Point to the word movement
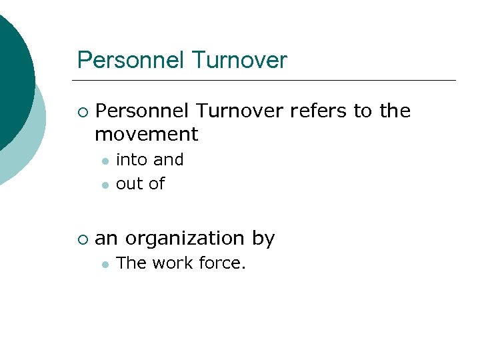(x=147, y=134)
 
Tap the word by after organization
(x=263, y=239)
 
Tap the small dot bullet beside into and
(x=104, y=161)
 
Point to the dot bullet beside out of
(x=104, y=185)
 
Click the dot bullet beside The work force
(x=104, y=265)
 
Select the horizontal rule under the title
(x=267, y=81)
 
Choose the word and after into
(x=169, y=160)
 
